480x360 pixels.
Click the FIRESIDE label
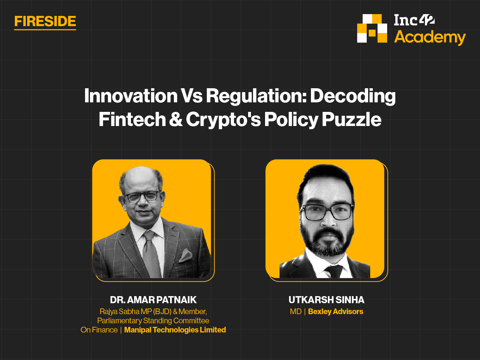click(x=45, y=22)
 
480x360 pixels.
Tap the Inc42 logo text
click(x=414, y=20)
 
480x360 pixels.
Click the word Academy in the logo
click(x=430, y=38)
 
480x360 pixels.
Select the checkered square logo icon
click(x=372, y=28)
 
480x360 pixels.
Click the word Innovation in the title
click(x=131, y=96)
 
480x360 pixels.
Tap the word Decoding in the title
click(x=353, y=96)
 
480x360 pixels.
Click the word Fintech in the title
click(x=132, y=119)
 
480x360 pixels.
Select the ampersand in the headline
click(x=176, y=119)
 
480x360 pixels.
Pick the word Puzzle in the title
click(x=352, y=119)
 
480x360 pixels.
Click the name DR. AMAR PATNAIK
click(x=153, y=300)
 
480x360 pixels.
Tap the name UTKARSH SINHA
click(x=326, y=300)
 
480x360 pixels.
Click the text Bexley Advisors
click(x=335, y=312)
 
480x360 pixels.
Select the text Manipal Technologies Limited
click(x=175, y=330)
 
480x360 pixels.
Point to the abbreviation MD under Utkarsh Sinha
click(x=296, y=312)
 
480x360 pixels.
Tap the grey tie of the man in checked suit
click(x=151, y=253)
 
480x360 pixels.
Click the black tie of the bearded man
click(x=333, y=271)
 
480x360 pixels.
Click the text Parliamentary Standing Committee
click(x=153, y=321)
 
